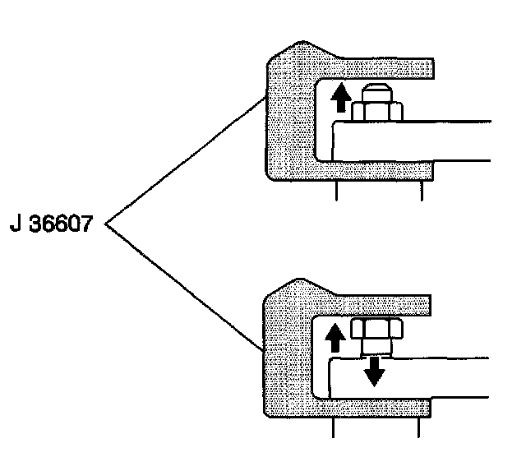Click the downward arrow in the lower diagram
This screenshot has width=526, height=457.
[x=374, y=372]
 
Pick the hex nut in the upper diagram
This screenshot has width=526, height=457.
[x=376, y=111]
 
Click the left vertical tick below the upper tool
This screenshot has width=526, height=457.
[x=337, y=191]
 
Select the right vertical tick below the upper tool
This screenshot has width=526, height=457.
[x=422, y=191]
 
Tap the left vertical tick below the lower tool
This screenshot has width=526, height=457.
[x=333, y=428]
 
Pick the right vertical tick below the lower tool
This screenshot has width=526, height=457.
[x=419, y=428]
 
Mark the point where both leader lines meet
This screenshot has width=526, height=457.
[x=107, y=223]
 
